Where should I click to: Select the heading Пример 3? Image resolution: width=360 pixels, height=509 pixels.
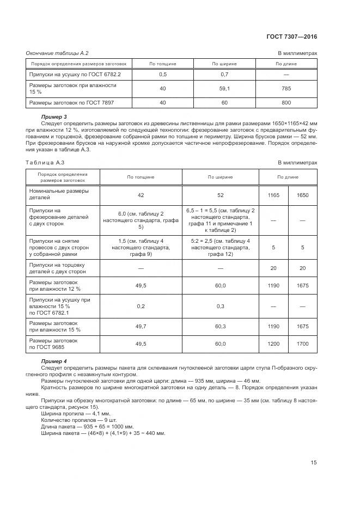[x=54, y=117]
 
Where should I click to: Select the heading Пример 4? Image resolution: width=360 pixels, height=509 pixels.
[x=54, y=361]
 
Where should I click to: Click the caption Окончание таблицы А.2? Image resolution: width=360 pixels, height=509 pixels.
[x=57, y=53]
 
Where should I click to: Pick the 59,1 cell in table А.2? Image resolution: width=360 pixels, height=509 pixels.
[x=224, y=88]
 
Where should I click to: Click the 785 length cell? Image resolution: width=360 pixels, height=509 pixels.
[x=286, y=88]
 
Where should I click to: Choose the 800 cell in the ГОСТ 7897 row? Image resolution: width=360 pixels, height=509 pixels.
[x=286, y=102]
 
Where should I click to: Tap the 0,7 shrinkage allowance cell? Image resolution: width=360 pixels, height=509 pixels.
[x=224, y=74]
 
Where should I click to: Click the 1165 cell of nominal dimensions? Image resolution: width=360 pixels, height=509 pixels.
[x=274, y=194]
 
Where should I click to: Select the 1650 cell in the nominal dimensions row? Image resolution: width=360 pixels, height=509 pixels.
[x=303, y=194]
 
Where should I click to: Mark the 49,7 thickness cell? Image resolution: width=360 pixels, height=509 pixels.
[x=141, y=326]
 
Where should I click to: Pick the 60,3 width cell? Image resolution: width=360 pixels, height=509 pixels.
[x=220, y=326]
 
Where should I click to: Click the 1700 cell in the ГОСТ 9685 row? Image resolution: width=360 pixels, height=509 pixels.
[x=303, y=344]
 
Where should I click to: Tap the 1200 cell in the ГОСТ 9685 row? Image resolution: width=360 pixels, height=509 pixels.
[x=274, y=344]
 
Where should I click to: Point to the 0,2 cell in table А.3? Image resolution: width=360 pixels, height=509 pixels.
[x=141, y=306]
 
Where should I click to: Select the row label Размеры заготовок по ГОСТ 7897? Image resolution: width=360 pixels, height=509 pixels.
[x=71, y=102]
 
